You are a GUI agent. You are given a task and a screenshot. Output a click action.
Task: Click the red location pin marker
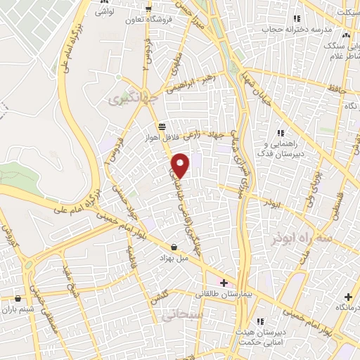coord(181,165)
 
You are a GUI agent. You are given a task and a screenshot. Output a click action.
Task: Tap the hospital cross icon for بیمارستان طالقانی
coord(224,283)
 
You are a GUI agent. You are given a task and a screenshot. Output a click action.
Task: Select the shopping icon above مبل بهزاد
coord(174,247)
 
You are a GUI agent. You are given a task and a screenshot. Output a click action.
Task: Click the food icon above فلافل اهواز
coord(163,127)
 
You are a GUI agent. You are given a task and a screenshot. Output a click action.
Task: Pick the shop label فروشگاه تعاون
coord(148,20)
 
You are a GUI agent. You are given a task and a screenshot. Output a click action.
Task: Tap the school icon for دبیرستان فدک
coord(281,133)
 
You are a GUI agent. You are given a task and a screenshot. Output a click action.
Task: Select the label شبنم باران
coord(18,308)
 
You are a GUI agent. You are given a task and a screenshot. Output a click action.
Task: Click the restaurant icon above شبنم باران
coord(18,297)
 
